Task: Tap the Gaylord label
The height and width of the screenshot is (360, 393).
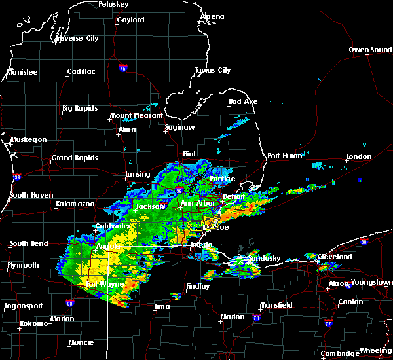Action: [x=130, y=20]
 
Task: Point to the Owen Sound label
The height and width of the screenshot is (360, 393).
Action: [x=370, y=50]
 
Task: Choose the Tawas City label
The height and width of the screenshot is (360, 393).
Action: [x=213, y=71]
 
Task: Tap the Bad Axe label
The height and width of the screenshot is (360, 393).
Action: [x=243, y=102]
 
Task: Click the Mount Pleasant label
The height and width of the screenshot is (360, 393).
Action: [x=136, y=116]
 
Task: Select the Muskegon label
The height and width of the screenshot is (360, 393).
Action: [x=29, y=140]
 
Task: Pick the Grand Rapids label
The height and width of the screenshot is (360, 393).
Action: [x=75, y=158]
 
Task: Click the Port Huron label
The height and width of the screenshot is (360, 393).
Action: [x=282, y=156]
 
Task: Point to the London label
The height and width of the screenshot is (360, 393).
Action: [x=359, y=157]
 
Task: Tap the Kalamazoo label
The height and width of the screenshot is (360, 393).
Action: [x=75, y=205]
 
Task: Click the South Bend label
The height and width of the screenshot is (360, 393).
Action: [x=29, y=244]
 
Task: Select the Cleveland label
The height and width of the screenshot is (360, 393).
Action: [x=335, y=257]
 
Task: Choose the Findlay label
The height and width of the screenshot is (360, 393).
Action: [x=198, y=287]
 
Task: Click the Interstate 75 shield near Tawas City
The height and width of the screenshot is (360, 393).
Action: [x=122, y=69]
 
